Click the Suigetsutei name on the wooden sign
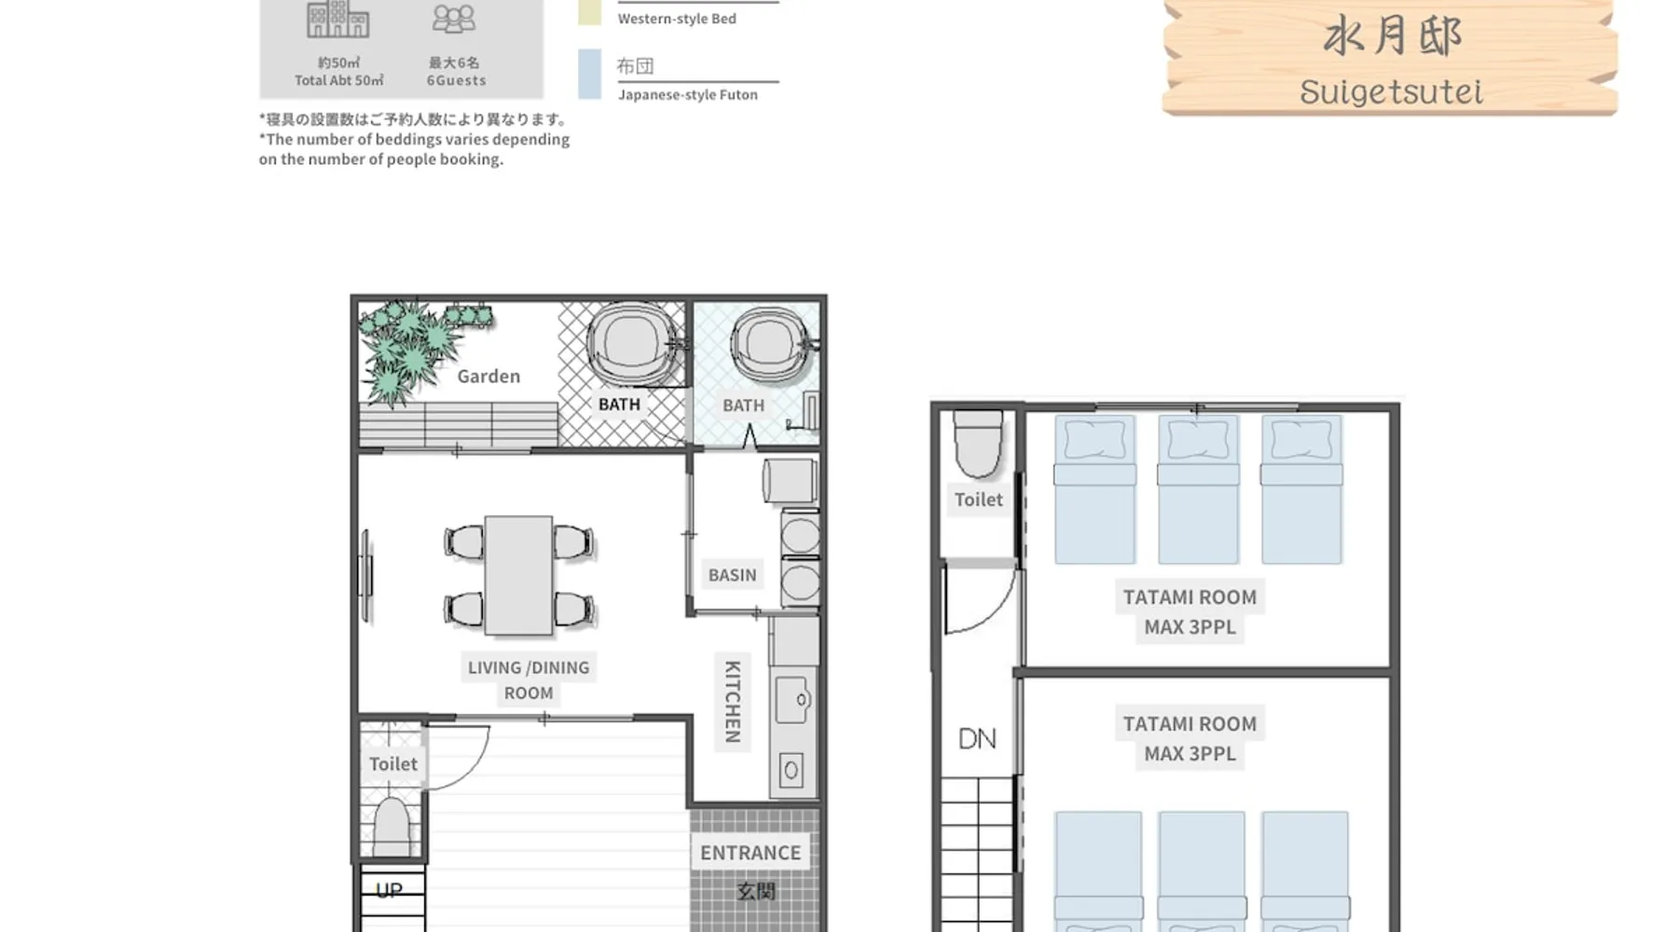pos(1391,92)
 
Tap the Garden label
pos(488,377)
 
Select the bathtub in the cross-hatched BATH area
pos(631,344)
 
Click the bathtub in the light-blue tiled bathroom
pos(768,344)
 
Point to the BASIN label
pos(733,575)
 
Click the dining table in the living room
pos(518,575)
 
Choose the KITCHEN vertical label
pos(733,701)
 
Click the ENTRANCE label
pos(750,853)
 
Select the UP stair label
pos(389,890)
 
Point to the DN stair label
pos(977,739)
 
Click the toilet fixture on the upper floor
pos(978,444)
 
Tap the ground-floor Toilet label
pos(393,764)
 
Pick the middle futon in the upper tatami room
pos(1198,489)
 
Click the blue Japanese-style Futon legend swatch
pos(589,74)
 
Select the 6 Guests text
pos(456,80)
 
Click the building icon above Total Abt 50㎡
pos(337,20)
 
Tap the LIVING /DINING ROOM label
pos(529,680)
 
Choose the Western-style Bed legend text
pos(677,19)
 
